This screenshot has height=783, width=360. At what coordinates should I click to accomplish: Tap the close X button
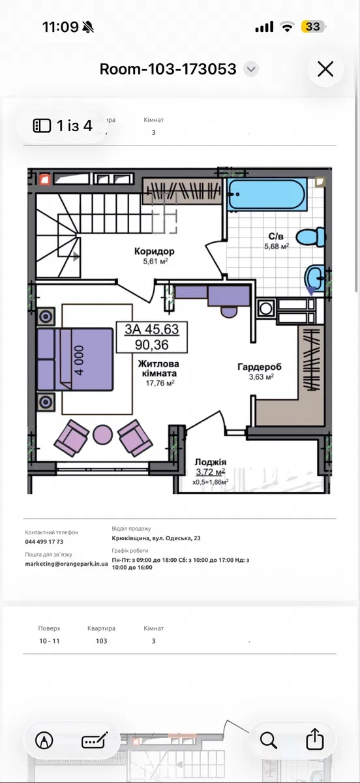coord(325,69)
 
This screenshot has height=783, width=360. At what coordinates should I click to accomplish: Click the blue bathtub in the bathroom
coord(267,194)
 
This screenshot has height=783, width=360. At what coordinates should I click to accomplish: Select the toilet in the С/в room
coord(310,237)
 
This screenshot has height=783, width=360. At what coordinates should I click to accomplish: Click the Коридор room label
coord(154,251)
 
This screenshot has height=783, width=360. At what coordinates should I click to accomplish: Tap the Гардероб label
coord(260,367)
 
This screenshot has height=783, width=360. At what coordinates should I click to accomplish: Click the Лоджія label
coord(211,462)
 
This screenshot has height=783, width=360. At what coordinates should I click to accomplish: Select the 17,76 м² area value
coord(160,383)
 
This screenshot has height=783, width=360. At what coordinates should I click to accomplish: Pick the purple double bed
coord(75,359)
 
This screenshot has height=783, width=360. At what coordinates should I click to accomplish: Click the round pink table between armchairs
coord(103,435)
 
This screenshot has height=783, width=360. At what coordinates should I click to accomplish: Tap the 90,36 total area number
coord(152,345)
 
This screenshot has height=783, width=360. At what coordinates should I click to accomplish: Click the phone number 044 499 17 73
coord(44,542)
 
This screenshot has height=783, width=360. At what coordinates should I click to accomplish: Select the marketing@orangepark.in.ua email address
coord(67,564)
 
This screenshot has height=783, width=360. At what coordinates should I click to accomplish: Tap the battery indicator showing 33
coord(313,27)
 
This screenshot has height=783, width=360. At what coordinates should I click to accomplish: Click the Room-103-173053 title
coord(168,69)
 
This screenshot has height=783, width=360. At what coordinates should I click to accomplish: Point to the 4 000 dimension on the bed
coord(80,360)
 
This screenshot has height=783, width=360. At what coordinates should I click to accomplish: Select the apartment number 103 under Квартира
coord(101,641)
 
